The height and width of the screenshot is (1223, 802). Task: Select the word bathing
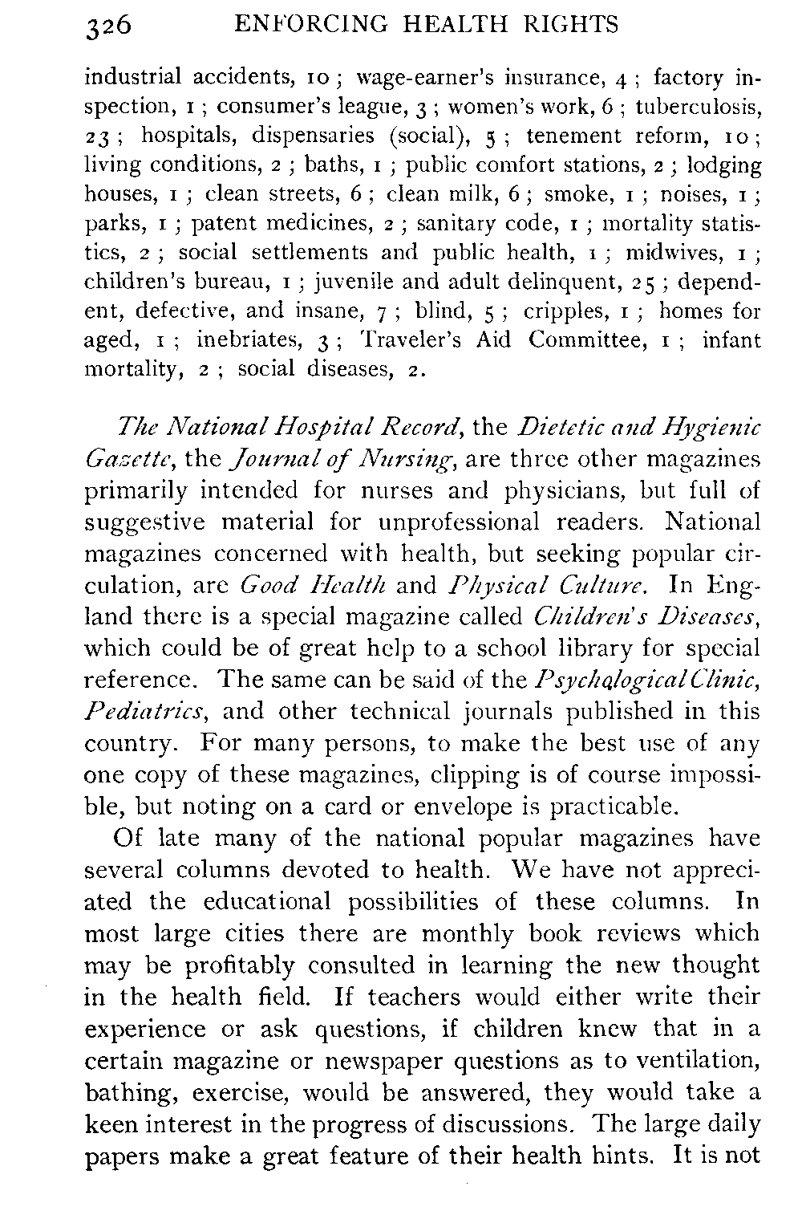click(126, 1094)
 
